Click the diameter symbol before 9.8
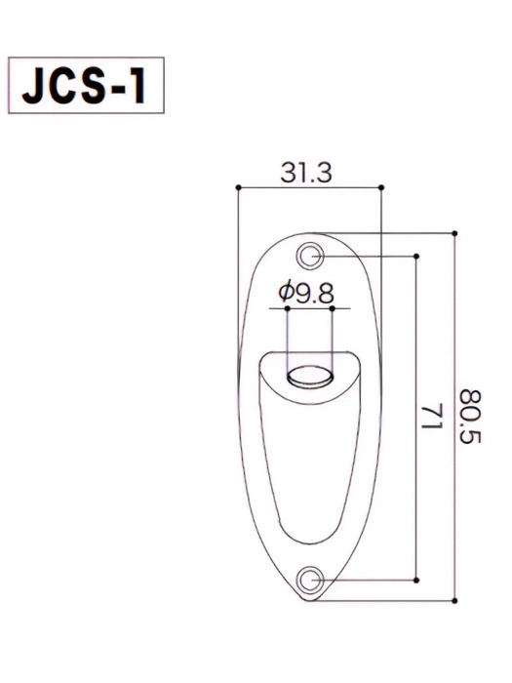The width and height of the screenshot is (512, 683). (x=286, y=291)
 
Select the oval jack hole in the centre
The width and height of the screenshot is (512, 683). (x=310, y=376)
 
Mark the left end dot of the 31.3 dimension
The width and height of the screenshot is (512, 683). (x=237, y=186)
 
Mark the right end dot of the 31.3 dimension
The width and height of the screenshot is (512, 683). (x=380, y=186)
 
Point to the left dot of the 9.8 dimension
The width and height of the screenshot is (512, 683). (x=288, y=308)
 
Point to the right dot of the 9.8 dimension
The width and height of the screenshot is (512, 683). (x=333, y=308)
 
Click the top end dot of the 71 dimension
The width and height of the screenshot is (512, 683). (x=416, y=256)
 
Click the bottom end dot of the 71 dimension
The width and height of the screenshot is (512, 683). (x=416, y=579)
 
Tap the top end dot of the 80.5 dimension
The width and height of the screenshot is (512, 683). (x=454, y=233)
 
